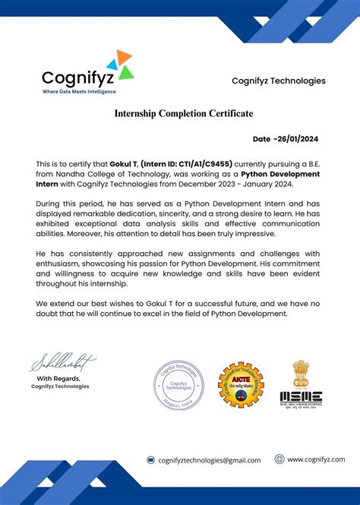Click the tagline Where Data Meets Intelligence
[79, 91]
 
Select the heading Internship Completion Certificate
[184, 113]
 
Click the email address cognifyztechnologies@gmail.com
[209, 460]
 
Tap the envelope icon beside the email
[151, 460]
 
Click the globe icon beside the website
[279, 459]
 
